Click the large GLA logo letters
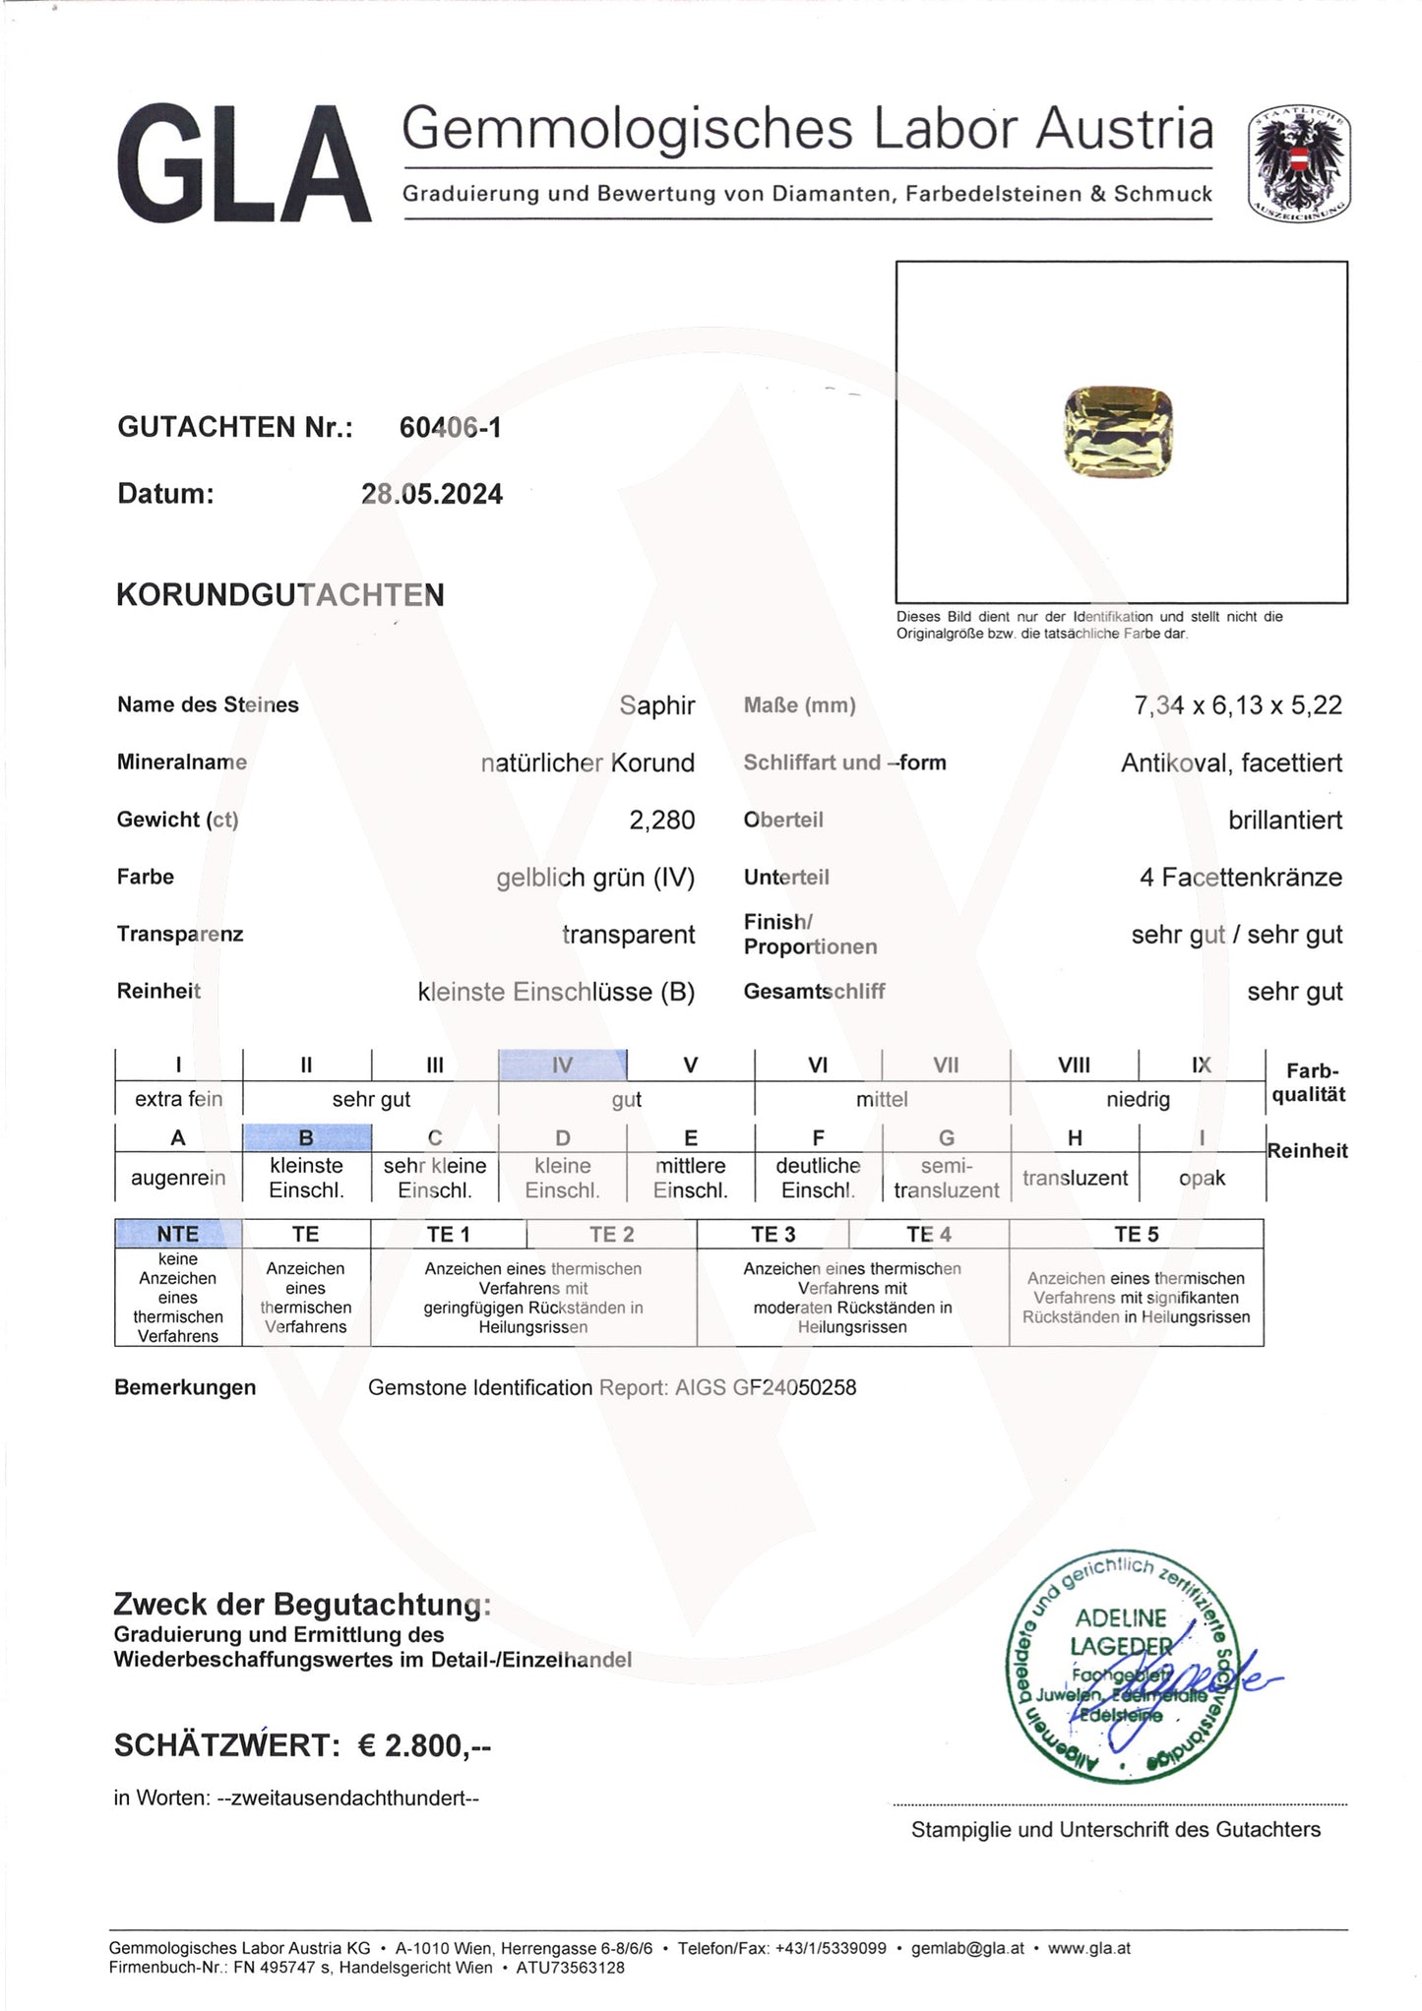(x=244, y=165)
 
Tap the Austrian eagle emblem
(x=1299, y=163)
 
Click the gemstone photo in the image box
(x=1119, y=433)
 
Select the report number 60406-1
(x=450, y=427)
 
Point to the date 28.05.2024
(x=432, y=494)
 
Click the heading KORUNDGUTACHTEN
(x=280, y=595)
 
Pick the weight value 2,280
(x=661, y=820)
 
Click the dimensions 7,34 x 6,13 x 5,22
(x=1238, y=705)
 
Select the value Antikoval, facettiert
(x=1231, y=762)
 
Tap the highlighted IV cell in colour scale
(x=562, y=1065)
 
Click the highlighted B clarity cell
(x=306, y=1137)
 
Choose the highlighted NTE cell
(x=178, y=1234)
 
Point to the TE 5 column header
(x=1136, y=1234)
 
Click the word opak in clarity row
(x=1202, y=1178)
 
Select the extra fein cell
(x=178, y=1099)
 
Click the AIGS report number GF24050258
(x=794, y=1387)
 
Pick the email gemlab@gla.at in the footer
(x=967, y=1947)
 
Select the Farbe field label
(x=146, y=877)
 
